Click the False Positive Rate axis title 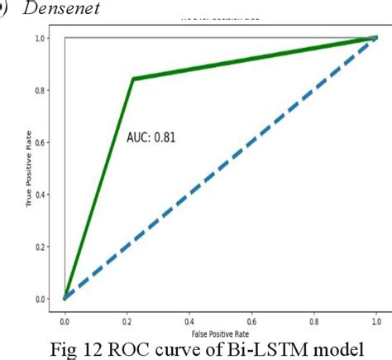[220, 329]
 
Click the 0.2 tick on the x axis [127, 318]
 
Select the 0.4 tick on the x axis [189, 318]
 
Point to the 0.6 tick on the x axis [251, 318]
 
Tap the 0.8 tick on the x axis [314, 318]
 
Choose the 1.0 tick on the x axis [376, 318]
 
